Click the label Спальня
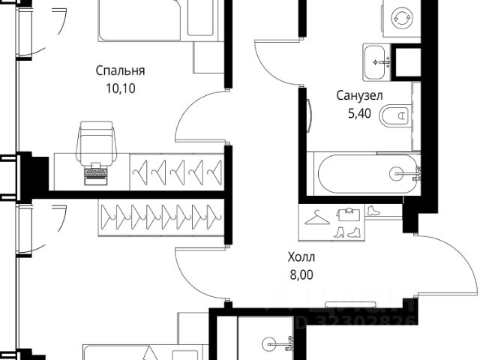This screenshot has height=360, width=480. tap(120, 71)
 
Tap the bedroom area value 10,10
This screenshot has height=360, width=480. tap(120, 87)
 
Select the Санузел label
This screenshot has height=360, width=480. tap(360, 95)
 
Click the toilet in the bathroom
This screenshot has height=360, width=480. tap(396, 116)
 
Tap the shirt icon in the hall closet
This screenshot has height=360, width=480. tap(347, 214)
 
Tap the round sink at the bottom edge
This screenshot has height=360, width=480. tap(270, 344)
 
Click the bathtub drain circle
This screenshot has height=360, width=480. tap(395, 174)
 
